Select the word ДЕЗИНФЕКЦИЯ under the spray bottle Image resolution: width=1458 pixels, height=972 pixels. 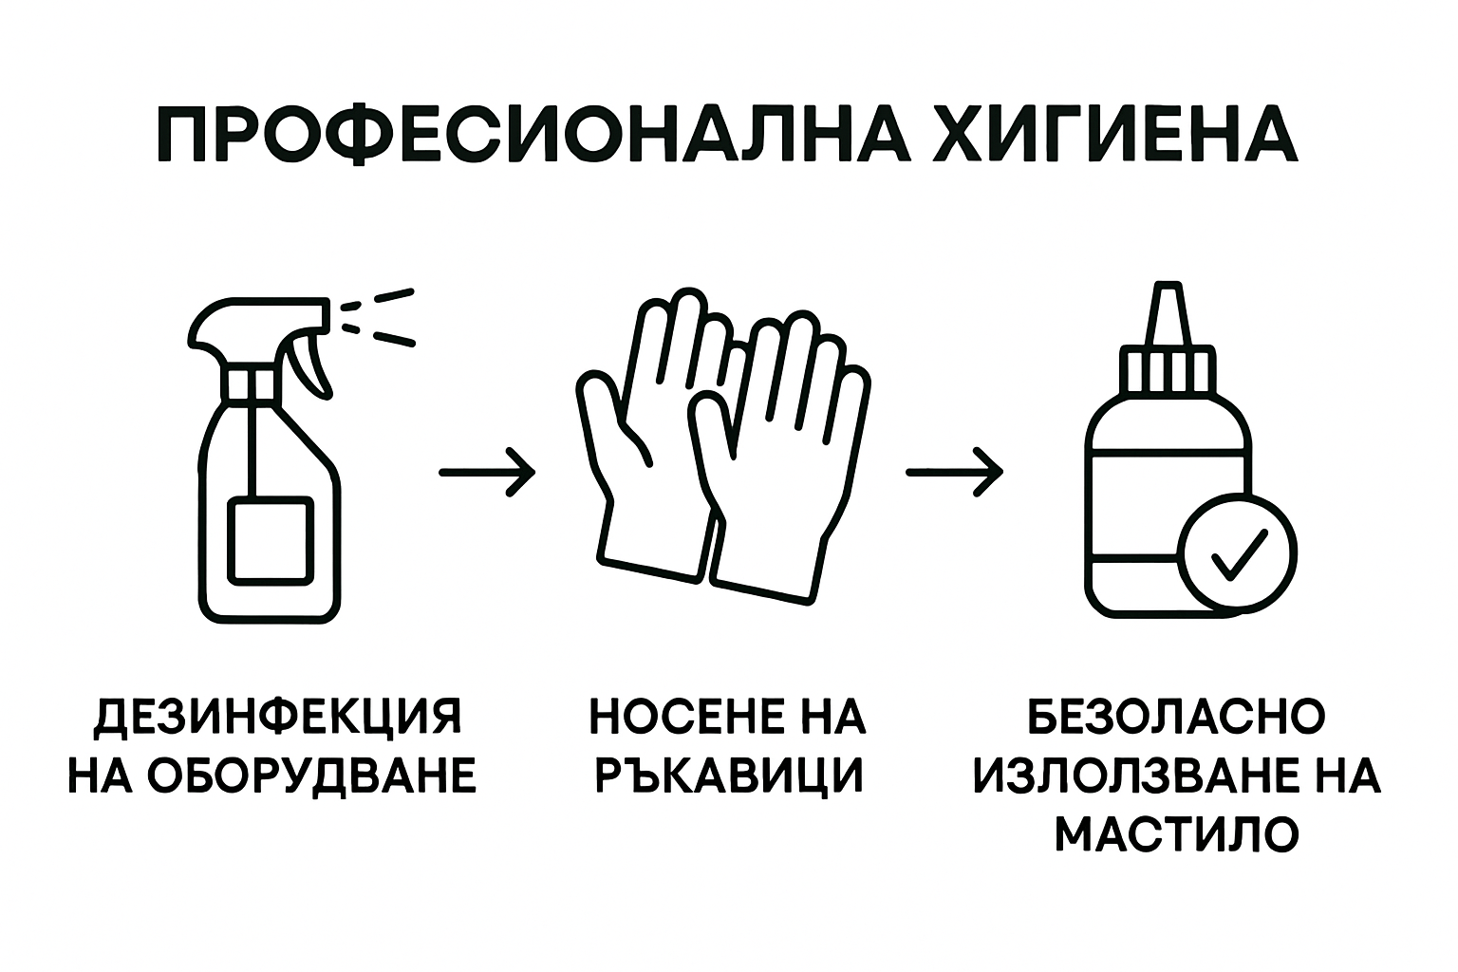(x=278, y=717)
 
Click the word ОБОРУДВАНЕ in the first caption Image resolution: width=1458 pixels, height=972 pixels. (x=313, y=776)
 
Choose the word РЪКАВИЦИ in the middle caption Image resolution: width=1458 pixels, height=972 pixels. (x=728, y=776)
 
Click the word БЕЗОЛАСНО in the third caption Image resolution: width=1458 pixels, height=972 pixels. (x=1177, y=717)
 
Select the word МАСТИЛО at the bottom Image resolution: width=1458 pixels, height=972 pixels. (x=1177, y=834)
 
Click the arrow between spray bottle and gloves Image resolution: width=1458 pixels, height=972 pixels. (x=487, y=471)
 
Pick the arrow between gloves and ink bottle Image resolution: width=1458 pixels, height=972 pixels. (x=954, y=471)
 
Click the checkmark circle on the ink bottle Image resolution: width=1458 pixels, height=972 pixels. (x=1237, y=553)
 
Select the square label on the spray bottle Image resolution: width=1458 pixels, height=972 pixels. (x=271, y=539)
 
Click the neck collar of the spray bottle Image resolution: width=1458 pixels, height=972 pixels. (x=252, y=382)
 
